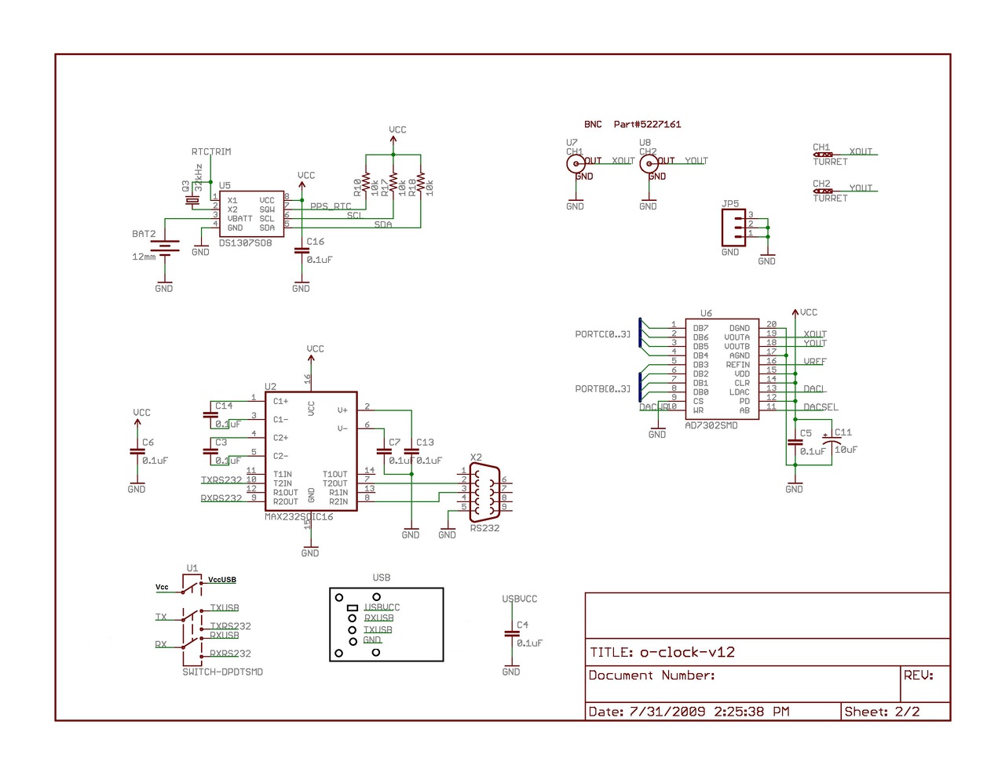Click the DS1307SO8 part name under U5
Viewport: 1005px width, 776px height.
pos(245,243)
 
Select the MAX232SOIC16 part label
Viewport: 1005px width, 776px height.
pos(298,517)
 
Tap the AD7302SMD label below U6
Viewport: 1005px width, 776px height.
pos(711,426)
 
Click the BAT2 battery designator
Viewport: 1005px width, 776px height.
pos(144,234)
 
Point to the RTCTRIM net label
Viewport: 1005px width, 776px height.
pos(211,152)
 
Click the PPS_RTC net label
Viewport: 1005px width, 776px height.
pos(331,207)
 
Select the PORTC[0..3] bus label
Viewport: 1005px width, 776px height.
pos(602,334)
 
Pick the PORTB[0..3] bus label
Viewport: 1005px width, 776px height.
pos(602,389)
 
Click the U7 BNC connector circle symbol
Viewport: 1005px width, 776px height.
pos(576,163)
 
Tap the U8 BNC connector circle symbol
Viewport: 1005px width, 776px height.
pos(649,163)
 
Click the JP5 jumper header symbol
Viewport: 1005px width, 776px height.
pos(733,228)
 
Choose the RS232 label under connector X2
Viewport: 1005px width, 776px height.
pos(484,528)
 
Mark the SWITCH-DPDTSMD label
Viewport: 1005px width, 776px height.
pos(222,672)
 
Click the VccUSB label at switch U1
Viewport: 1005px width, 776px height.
pos(222,580)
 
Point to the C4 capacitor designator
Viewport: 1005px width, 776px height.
pos(522,625)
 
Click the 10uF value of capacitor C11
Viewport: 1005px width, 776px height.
pos(846,450)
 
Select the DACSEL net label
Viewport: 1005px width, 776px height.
pos(820,407)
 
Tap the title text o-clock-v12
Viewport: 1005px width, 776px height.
pos(687,653)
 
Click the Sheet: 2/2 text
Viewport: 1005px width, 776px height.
pos(882,712)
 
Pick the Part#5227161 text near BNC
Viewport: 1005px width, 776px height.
pos(647,125)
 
